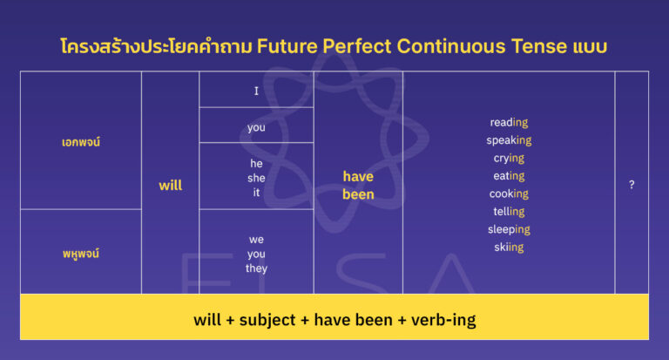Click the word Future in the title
284,47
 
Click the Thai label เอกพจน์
81,141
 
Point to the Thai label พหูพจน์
81,253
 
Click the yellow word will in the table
171,186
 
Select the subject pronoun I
256,90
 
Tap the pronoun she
256,177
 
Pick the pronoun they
256,268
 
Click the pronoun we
256,239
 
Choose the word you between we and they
256,254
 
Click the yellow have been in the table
358,186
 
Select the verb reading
509,122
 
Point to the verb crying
509,158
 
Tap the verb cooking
509,194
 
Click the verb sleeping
509,229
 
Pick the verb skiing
509,248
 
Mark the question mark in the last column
632,185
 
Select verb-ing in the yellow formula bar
440,320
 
